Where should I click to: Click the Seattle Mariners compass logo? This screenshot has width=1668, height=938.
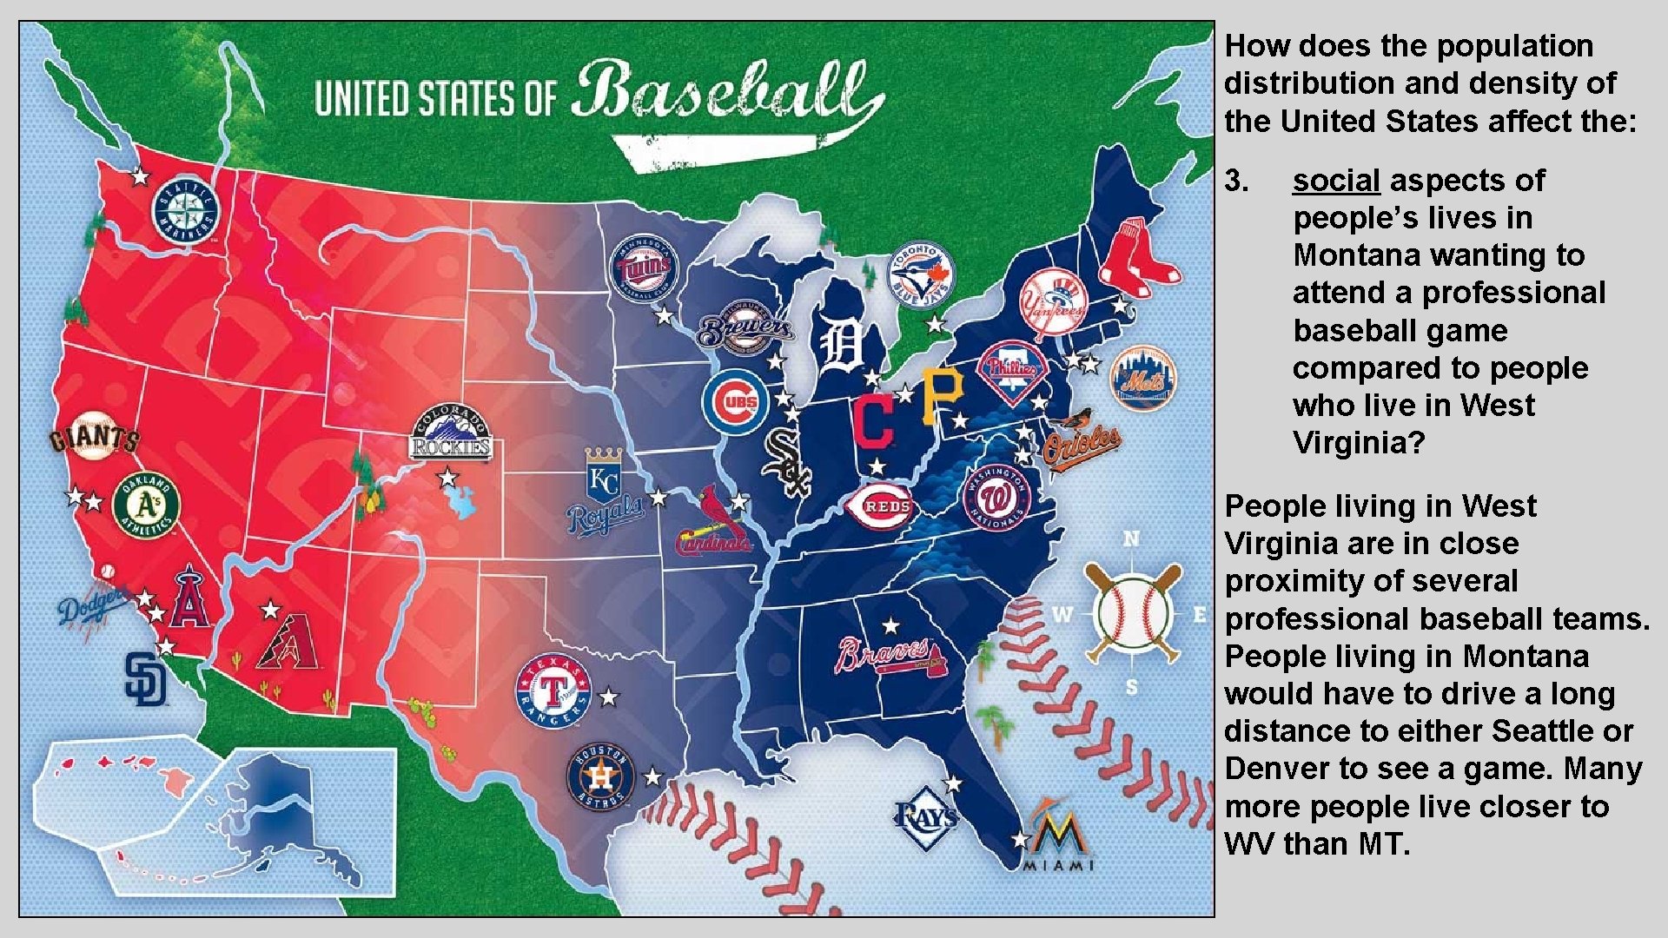185,211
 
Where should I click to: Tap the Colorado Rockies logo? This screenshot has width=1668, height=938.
450,433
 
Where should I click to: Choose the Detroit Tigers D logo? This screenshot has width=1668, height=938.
841,346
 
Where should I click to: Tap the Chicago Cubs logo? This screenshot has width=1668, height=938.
736,402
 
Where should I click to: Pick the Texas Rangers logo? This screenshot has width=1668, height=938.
553,692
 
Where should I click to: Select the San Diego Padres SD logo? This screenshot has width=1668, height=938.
144,678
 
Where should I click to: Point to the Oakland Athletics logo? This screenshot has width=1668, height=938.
146,505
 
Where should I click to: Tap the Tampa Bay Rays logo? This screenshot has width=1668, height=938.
926,817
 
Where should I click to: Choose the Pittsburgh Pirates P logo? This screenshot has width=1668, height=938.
943,395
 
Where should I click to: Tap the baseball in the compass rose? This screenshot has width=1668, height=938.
1131,613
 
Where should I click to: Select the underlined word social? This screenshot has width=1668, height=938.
1335,181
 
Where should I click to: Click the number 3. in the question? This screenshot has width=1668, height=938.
1236,181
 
